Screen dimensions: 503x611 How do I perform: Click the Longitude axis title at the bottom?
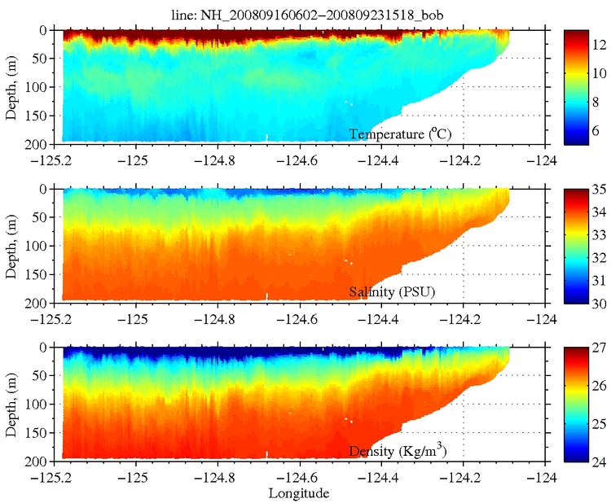tap(302, 492)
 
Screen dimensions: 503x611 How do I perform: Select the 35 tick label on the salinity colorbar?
tap(596, 192)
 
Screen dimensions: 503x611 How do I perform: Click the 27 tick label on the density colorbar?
tap(596, 350)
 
